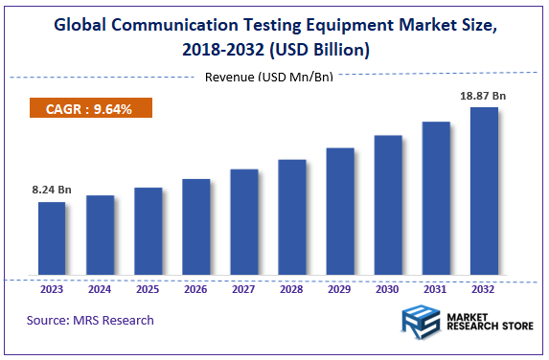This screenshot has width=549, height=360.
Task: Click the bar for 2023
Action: click(52, 238)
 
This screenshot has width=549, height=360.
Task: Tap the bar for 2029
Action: click(340, 212)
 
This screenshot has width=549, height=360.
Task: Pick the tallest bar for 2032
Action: click(484, 191)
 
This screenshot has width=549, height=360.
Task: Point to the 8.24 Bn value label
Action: click(52, 191)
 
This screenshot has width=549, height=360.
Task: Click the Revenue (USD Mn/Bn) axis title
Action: click(269, 77)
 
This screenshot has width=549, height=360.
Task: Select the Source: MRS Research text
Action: click(90, 320)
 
